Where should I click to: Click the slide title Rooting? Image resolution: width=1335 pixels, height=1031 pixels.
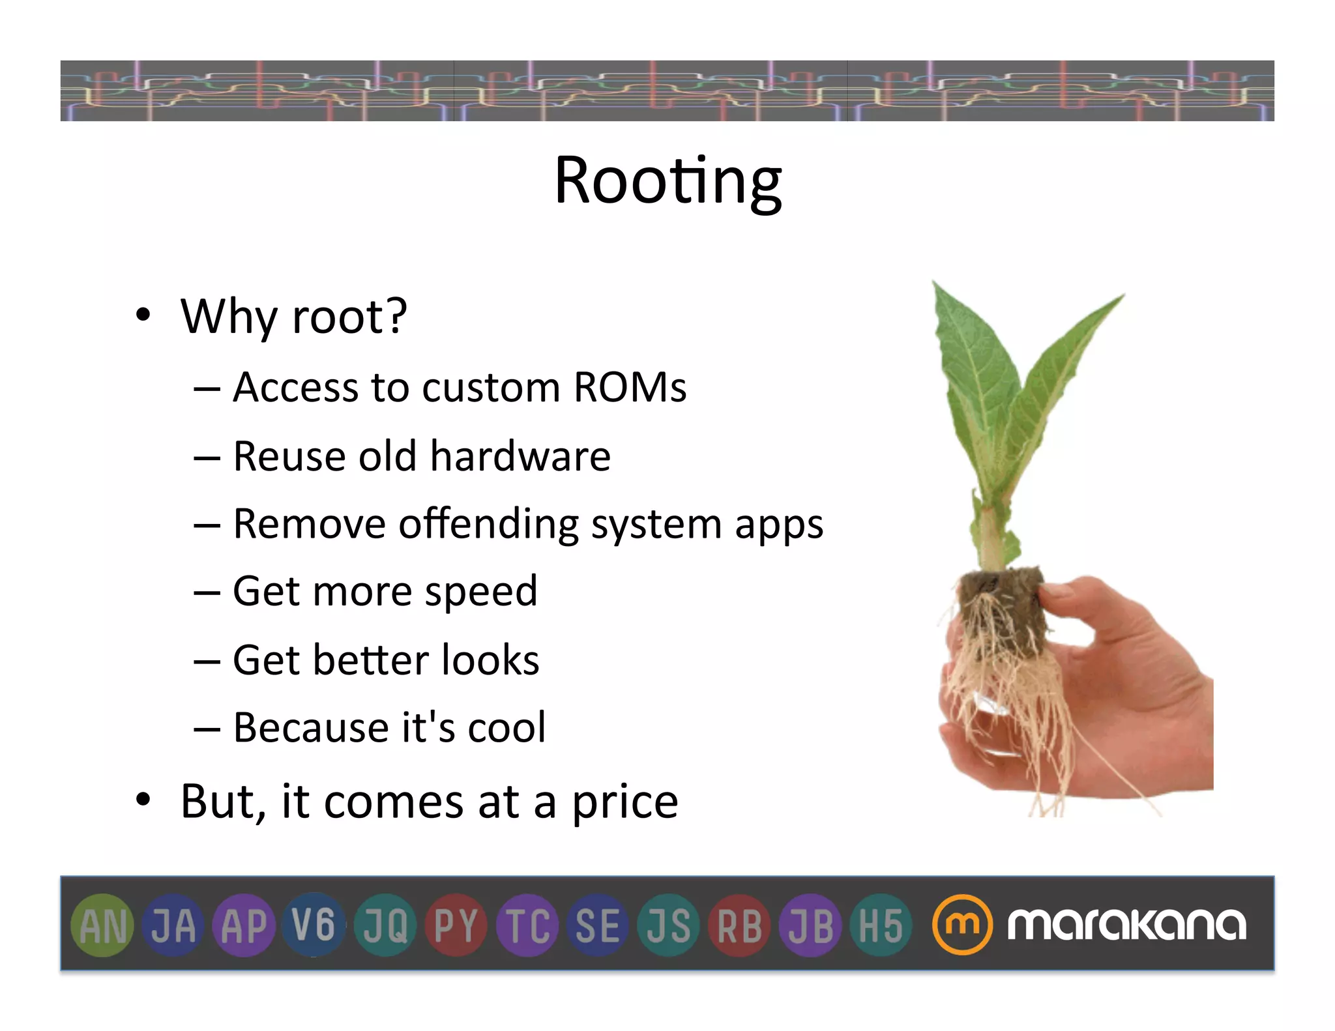point(667,181)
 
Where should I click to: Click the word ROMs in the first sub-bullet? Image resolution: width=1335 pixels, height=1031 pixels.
point(630,387)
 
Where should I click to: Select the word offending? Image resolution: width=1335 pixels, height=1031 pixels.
point(489,524)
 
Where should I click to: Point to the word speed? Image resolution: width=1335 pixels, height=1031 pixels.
point(481,592)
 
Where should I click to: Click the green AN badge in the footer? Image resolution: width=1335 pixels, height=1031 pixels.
point(102,925)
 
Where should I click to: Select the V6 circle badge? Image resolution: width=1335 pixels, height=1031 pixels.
point(314,924)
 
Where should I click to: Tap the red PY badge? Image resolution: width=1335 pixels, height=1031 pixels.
point(456,925)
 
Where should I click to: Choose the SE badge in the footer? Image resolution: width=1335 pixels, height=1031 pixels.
point(597,925)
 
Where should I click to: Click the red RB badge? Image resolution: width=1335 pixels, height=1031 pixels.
point(739,925)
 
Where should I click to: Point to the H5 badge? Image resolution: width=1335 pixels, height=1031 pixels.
point(881,925)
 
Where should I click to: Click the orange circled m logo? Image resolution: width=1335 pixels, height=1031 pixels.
point(961,925)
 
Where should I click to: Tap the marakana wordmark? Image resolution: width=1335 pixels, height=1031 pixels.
point(1126,924)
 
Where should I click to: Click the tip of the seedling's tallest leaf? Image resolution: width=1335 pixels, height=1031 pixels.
point(935,284)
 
